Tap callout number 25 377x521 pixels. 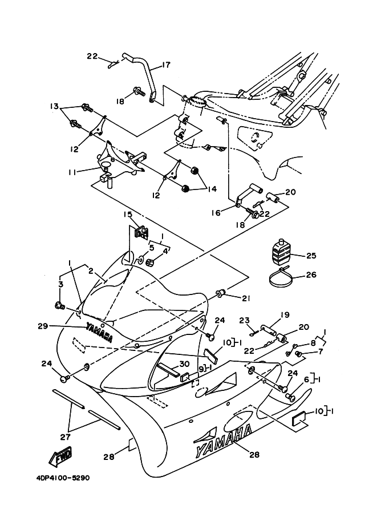[311, 255]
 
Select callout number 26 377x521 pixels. [311, 274]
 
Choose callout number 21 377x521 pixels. [246, 298]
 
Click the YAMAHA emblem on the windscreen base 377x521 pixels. [99, 332]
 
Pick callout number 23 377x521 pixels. [245, 320]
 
